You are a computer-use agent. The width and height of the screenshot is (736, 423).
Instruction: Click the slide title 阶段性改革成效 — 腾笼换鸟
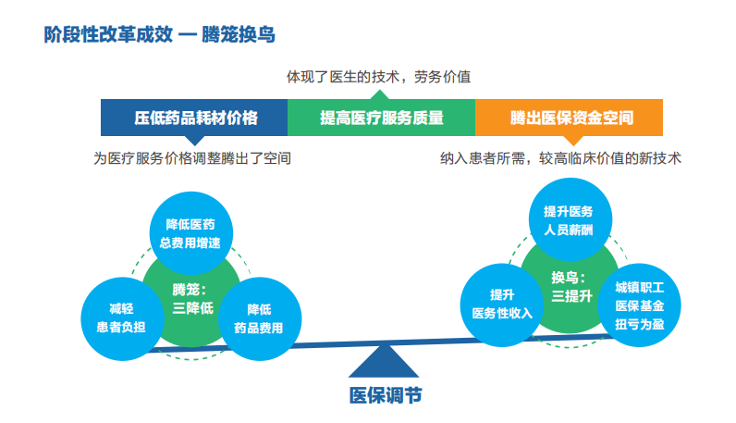point(160,35)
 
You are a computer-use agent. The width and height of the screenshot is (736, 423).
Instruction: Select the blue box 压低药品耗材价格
point(195,118)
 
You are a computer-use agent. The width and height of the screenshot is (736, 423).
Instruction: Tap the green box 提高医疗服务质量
point(382,118)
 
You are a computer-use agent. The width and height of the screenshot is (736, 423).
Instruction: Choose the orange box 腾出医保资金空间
point(570,118)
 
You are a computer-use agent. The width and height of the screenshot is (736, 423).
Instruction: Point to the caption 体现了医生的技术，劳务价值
point(379,77)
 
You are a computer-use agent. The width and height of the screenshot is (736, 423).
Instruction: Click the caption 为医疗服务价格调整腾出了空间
point(193,158)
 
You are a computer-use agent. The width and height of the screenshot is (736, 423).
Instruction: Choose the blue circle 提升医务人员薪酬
point(568,219)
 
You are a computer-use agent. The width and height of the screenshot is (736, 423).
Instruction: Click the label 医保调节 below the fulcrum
point(385,395)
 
